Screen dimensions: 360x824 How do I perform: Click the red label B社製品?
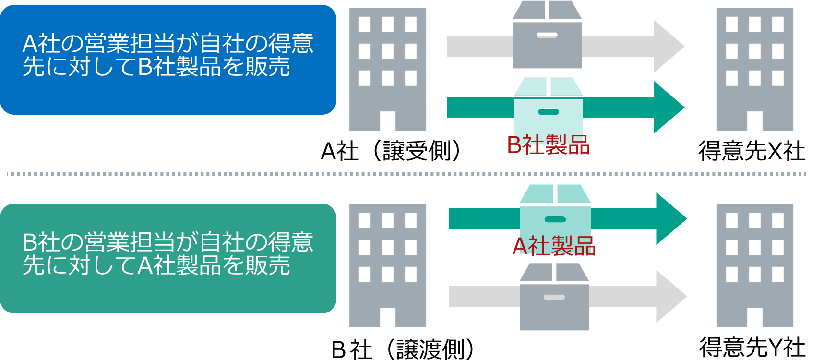tap(548, 144)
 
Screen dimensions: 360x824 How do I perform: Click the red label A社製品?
tap(554, 246)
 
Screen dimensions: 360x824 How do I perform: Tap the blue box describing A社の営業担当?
tap(168, 60)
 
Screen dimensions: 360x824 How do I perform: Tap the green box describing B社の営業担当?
tap(168, 258)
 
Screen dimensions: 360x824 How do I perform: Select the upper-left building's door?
tap(388, 121)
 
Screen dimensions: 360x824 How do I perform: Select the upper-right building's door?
tap(755, 121)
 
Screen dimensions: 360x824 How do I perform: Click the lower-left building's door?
tap(388, 317)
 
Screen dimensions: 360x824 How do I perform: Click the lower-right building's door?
tap(755, 317)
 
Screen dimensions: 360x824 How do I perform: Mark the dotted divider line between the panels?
tap(406, 174)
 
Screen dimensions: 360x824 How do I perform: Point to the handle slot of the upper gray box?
tap(547, 35)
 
